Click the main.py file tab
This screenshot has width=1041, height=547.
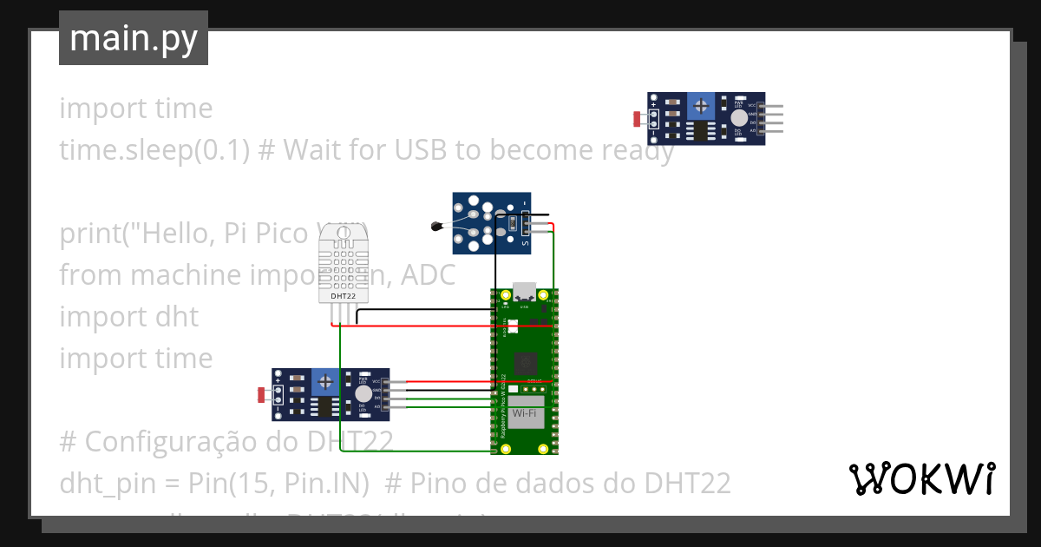point(133,38)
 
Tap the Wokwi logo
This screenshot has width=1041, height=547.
point(920,479)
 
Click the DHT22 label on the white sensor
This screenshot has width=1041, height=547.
point(343,296)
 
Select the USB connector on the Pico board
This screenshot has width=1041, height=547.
point(524,293)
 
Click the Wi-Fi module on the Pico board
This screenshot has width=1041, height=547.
point(524,415)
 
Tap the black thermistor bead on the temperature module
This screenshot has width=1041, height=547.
point(436,227)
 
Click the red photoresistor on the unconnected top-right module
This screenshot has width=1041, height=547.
point(638,118)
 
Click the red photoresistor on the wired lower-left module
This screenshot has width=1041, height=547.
point(262,395)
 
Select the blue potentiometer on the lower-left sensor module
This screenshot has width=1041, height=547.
point(325,380)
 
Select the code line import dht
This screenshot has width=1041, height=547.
point(128,317)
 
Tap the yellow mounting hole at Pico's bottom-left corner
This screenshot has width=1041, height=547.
point(506,449)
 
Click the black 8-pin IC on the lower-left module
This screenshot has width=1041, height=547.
point(324,406)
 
